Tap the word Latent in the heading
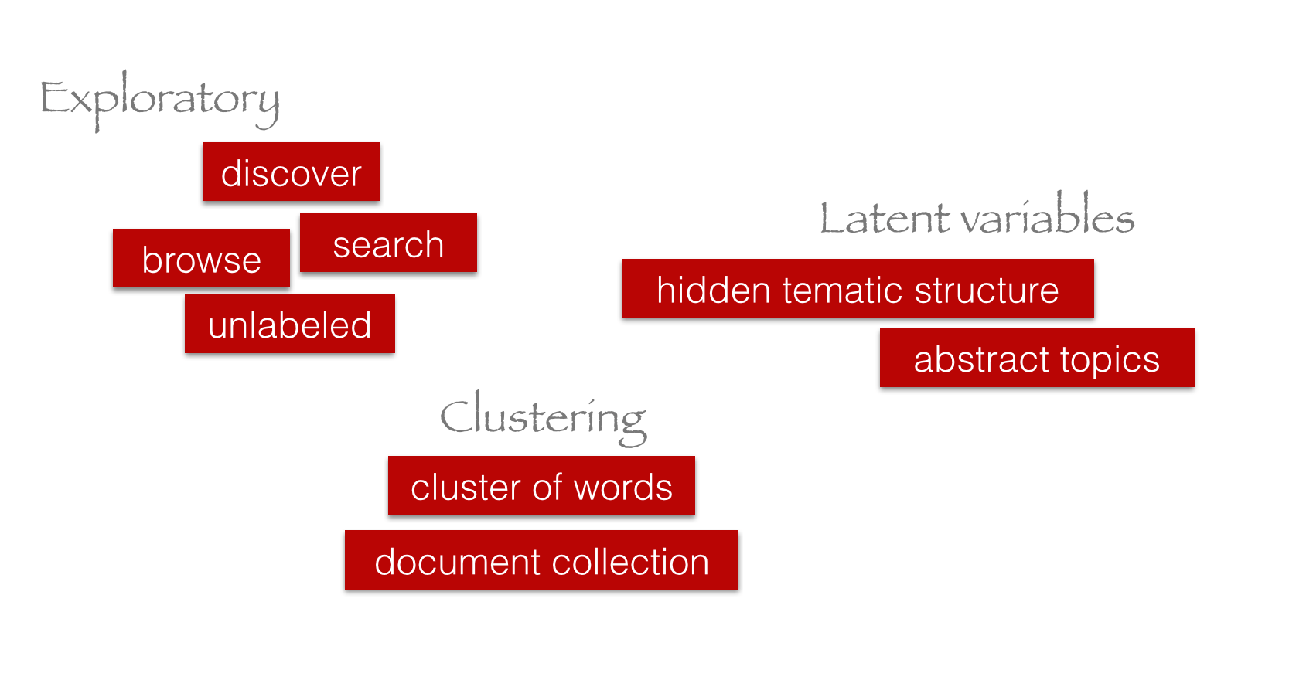coord(884,218)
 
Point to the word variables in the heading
coord(1048,216)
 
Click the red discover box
coord(291,172)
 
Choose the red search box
coord(388,243)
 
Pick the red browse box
coord(201,259)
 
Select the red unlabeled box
coord(290,324)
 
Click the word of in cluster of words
coord(547,487)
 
